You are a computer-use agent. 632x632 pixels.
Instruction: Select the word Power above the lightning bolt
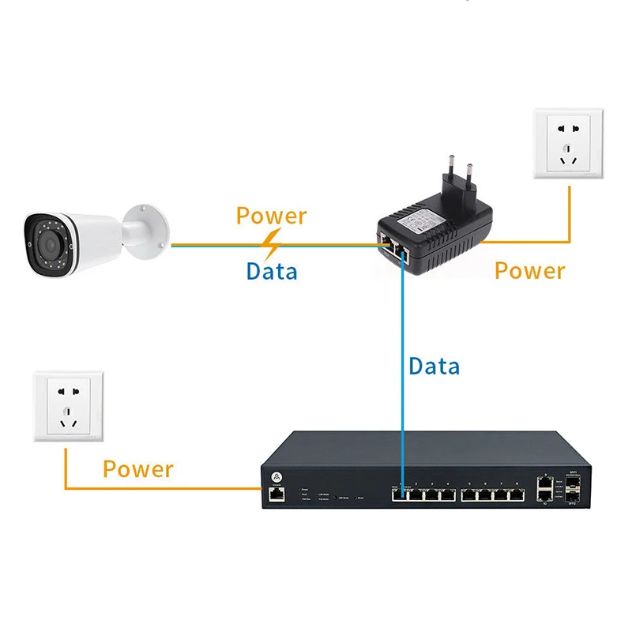tap(272, 215)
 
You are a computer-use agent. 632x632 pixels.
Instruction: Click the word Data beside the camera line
tap(272, 271)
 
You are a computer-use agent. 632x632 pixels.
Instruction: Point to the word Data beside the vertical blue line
tap(434, 367)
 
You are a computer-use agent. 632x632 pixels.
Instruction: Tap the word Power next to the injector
tap(529, 271)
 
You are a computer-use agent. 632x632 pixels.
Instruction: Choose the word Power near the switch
tap(137, 469)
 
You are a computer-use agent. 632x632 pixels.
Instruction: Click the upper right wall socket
tap(569, 142)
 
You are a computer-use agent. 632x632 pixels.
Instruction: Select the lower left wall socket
tap(66, 407)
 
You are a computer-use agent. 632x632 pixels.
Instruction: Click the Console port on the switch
tap(276, 495)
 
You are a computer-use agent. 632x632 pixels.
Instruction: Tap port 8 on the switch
tap(517, 495)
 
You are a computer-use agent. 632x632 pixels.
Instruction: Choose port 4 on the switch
tap(447, 495)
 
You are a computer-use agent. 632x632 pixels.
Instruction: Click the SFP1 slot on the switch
tap(574, 481)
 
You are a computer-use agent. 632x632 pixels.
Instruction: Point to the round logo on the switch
tap(276, 476)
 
